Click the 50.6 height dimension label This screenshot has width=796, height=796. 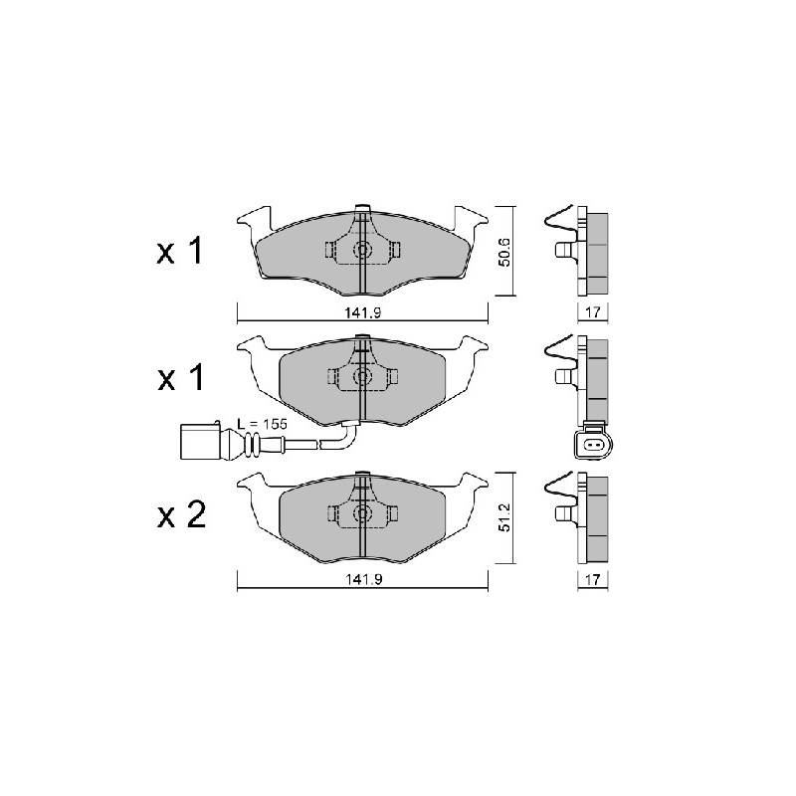click(x=504, y=252)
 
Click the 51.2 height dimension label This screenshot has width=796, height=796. click(x=504, y=517)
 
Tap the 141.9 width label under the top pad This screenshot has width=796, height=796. click(x=362, y=312)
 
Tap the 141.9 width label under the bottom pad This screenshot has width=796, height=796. click(x=362, y=579)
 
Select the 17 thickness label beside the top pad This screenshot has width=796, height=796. click(x=592, y=311)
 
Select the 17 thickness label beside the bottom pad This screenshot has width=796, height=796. click(x=592, y=579)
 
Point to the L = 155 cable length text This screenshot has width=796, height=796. click(x=262, y=424)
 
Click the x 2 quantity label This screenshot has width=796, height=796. click(x=181, y=514)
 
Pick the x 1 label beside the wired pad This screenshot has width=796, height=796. click(x=180, y=377)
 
